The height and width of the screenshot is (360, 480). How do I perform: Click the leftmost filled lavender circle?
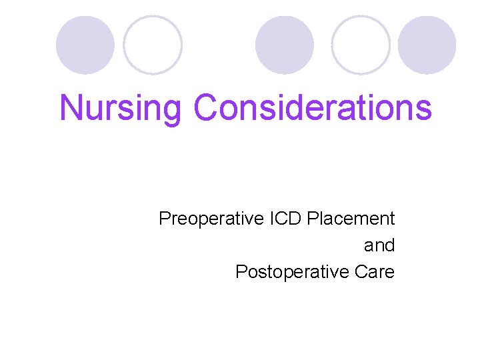click(85, 45)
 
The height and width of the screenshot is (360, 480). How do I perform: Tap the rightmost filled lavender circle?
click(427, 45)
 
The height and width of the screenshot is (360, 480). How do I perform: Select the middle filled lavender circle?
click(285, 45)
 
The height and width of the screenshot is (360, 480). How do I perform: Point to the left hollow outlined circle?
click(153, 45)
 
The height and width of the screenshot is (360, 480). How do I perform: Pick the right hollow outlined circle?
click(361, 45)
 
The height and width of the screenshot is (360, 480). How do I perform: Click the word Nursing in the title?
click(122, 108)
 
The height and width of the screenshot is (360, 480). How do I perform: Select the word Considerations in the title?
click(313, 108)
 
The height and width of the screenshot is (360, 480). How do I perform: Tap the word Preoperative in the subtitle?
click(202, 219)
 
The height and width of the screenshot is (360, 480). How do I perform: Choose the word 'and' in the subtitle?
click(379, 245)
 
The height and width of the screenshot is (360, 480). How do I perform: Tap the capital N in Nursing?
click(71, 108)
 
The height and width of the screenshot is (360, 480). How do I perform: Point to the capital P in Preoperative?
click(165, 219)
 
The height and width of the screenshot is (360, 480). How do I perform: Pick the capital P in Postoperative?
click(241, 272)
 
